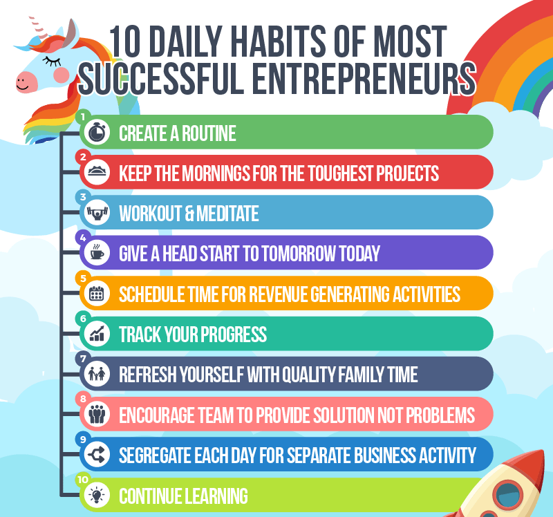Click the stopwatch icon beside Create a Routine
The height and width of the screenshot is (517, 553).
[x=97, y=132]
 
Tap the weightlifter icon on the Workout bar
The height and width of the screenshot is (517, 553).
[x=97, y=213]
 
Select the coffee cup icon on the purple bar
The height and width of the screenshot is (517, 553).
[x=97, y=252]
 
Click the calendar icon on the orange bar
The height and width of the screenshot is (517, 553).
[x=97, y=293]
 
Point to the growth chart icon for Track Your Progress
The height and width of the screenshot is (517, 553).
[x=97, y=333]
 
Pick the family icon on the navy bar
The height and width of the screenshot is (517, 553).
[x=97, y=373]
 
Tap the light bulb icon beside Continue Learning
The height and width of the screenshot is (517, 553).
[x=97, y=495]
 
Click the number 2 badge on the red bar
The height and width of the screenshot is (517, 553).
[x=83, y=157]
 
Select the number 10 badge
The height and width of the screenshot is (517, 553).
[x=83, y=480]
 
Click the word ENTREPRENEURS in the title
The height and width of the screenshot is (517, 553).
[x=364, y=79]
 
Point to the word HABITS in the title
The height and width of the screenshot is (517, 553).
[x=279, y=41]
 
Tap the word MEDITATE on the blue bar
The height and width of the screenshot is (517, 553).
[x=227, y=214]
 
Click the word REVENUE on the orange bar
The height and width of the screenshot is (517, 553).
[x=279, y=294]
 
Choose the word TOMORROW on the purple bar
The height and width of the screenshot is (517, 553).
[x=299, y=254]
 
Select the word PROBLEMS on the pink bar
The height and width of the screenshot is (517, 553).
[x=440, y=415]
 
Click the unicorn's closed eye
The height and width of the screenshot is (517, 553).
[x=52, y=62]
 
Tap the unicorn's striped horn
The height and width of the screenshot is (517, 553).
[x=37, y=27]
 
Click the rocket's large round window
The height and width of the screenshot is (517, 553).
[x=508, y=493]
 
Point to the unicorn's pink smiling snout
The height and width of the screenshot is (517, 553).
[x=26, y=82]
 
